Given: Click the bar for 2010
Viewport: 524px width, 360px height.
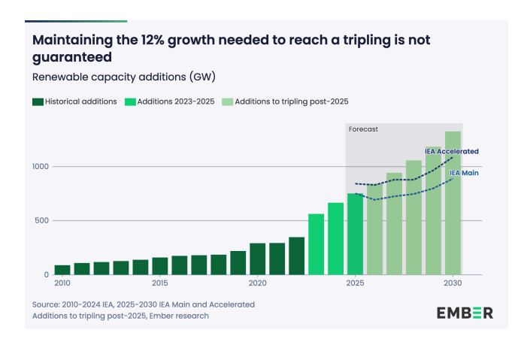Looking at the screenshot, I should [x=62, y=270].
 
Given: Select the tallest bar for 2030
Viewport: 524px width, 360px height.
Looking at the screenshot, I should [x=453, y=203].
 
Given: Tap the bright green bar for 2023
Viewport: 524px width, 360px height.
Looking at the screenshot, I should [x=317, y=244].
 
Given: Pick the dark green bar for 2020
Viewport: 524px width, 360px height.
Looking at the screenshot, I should [x=258, y=259].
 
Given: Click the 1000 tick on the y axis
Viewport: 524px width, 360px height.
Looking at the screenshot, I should [x=40, y=167].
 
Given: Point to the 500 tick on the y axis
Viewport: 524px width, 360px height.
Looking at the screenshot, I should [x=43, y=221].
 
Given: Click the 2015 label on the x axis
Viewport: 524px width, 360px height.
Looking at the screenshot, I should [x=160, y=283].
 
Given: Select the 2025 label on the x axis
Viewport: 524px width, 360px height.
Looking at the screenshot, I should [x=356, y=283].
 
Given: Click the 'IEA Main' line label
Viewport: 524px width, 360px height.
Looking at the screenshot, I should [x=464, y=173].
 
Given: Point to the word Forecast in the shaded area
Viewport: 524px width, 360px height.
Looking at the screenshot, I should [x=363, y=129].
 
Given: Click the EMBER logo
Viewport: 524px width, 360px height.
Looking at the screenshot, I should [x=465, y=313].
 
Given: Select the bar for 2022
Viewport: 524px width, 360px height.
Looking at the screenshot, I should [x=297, y=256].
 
